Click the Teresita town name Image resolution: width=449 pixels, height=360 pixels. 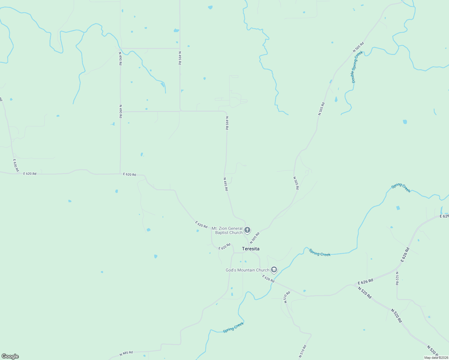(x=251, y=249)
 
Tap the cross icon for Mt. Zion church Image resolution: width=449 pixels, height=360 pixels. (x=247, y=230)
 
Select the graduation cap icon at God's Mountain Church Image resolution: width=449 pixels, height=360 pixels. (x=274, y=270)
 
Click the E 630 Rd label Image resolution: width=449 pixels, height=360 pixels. (x=16, y=165)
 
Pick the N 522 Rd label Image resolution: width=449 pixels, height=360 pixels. (x=397, y=278)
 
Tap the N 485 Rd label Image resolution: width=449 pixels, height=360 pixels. (x=126, y=353)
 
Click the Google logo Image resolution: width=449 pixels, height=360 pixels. (x=10, y=356)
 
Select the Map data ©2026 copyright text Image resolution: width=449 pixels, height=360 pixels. (x=436, y=358)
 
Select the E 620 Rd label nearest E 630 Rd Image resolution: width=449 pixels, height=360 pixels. (x=30, y=174)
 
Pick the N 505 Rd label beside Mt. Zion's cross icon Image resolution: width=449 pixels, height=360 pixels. (x=254, y=238)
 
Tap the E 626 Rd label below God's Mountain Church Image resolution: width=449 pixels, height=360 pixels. (x=268, y=279)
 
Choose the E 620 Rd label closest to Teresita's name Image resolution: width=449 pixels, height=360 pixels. (x=224, y=247)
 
